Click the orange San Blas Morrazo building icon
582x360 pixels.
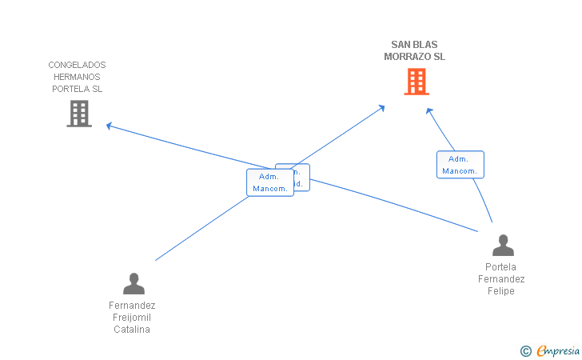pos(416,82)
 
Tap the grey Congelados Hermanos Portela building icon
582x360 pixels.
pos(78,114)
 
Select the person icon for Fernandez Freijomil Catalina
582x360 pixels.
pos(134,284)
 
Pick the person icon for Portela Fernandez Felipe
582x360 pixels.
pos(503,245)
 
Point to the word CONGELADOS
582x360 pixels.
pos(77,65)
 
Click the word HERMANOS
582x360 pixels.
pos(77,77)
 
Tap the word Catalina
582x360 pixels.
pos(132,329)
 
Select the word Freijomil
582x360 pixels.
pos(132,318)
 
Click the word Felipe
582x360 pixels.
pos(501,291)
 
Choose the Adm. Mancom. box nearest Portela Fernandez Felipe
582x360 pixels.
pos(460,165)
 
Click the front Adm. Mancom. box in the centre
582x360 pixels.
pos(269,182)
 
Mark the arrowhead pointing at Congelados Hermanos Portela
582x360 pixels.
pos(109,125)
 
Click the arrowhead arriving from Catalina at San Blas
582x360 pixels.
pos(382,106)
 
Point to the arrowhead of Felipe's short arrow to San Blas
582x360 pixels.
pos(429,110)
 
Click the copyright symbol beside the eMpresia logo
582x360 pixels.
pos(525,350)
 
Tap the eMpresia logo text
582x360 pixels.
pos(558,350)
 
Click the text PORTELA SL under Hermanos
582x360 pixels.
pos(77,89)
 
